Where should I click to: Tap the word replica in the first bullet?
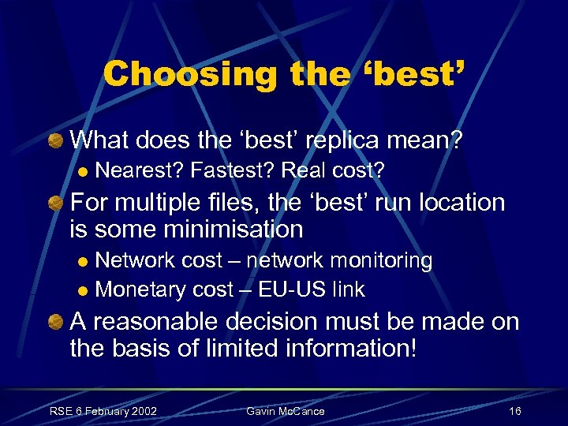point(330,140)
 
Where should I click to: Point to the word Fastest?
point(233,170)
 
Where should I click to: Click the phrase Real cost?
point(334,170)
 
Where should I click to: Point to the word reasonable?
point(163,321)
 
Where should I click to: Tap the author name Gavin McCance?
point(286,411)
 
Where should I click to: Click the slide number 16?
point(515,411)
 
